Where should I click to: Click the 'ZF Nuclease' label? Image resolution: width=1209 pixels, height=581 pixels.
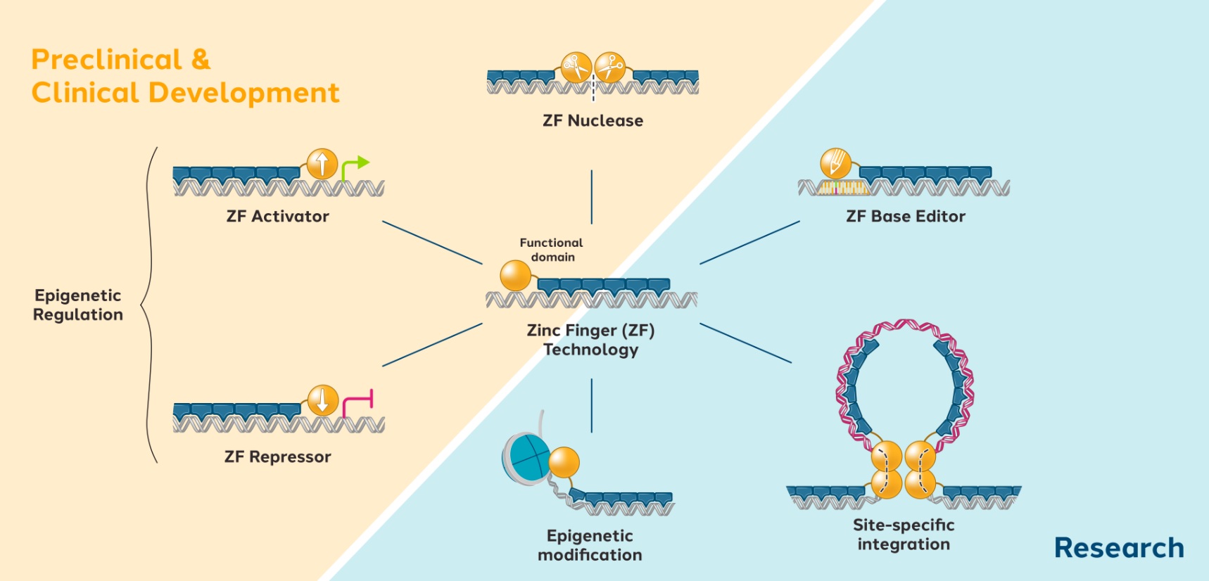593,121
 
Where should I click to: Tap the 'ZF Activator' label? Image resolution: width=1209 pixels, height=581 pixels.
277,217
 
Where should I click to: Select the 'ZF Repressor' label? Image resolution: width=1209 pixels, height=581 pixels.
277,457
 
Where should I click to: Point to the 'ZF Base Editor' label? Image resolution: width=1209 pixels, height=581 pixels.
906,217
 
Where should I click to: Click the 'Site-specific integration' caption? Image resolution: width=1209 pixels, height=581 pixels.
904,535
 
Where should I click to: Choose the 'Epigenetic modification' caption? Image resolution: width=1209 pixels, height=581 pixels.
590,545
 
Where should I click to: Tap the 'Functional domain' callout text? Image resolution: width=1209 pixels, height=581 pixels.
552,250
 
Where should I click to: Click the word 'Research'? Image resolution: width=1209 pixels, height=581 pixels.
1119,548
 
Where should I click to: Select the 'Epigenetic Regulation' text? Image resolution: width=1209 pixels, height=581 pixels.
78,305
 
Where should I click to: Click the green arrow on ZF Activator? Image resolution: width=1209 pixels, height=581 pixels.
355,166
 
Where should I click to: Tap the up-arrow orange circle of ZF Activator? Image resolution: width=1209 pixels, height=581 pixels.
322,164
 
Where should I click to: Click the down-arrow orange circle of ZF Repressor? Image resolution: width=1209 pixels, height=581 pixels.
323,400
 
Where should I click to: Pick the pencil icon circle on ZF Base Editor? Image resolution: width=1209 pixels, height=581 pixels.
835,163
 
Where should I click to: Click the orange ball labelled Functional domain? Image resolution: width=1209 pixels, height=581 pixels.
515,275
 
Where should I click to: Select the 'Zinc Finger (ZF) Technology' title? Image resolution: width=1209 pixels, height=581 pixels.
591,340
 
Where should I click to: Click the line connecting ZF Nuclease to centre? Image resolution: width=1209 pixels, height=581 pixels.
592,197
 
